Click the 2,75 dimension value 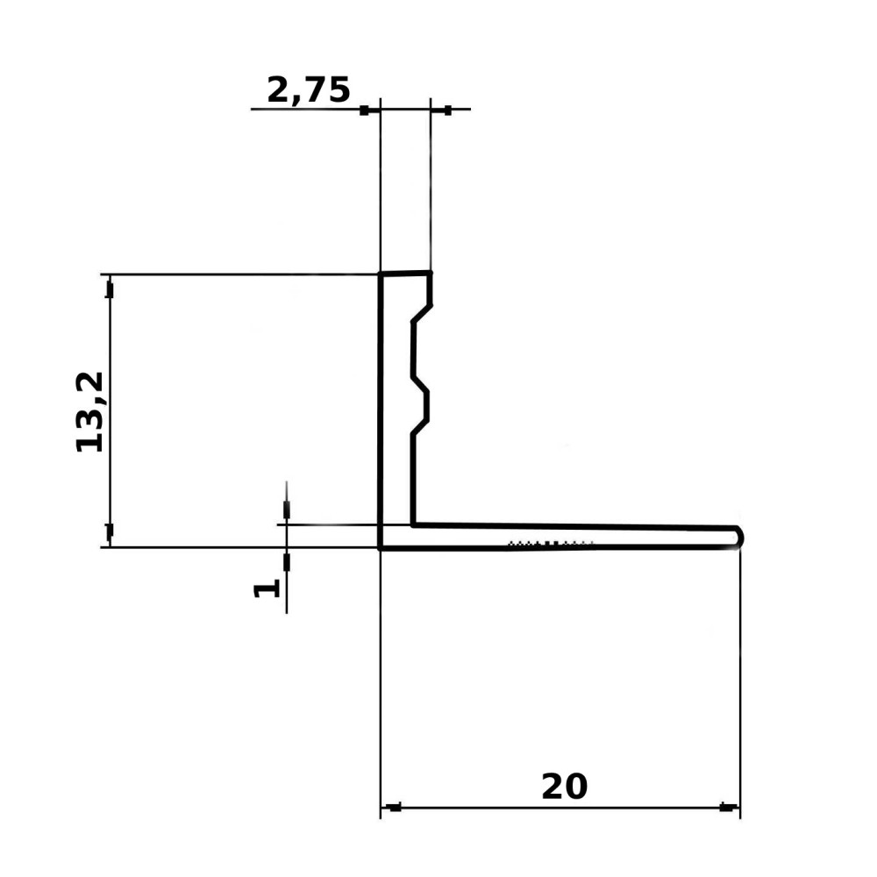click(x=309, y=90)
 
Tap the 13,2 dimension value click(x=89, y=411)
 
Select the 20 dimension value click(x=564, y=786)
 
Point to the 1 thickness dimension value click(x=267, y=589)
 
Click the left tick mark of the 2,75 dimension click(x=364, y=111)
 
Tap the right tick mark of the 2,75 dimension click(x=447, y=111)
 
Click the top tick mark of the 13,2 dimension click(x=110, y=291)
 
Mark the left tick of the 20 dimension click(x=395, y=808)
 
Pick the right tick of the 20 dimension click(x=726, y=807)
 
